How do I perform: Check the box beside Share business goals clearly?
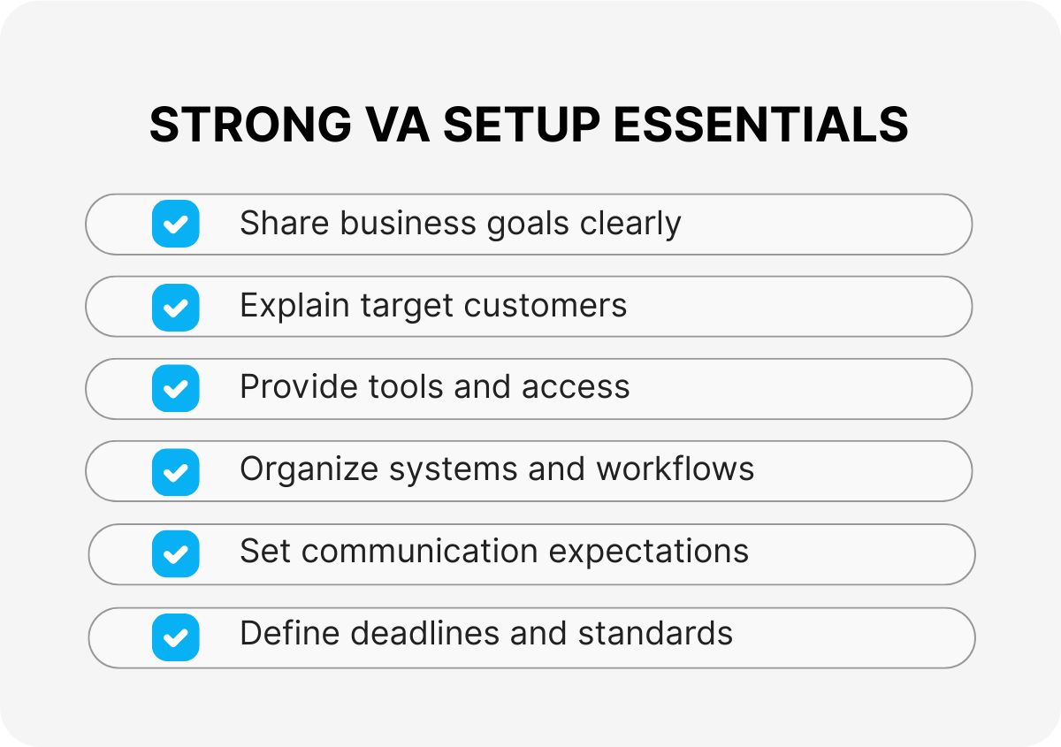pos(175,224)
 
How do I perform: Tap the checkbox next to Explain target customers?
pos(175,307)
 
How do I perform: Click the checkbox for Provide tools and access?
pos(175,389)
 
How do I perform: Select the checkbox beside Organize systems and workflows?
pos(175,472)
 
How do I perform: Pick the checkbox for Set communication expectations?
pos(175,554)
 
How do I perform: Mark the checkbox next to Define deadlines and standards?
pos(175,637)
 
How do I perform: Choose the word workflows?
pos(675,469)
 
